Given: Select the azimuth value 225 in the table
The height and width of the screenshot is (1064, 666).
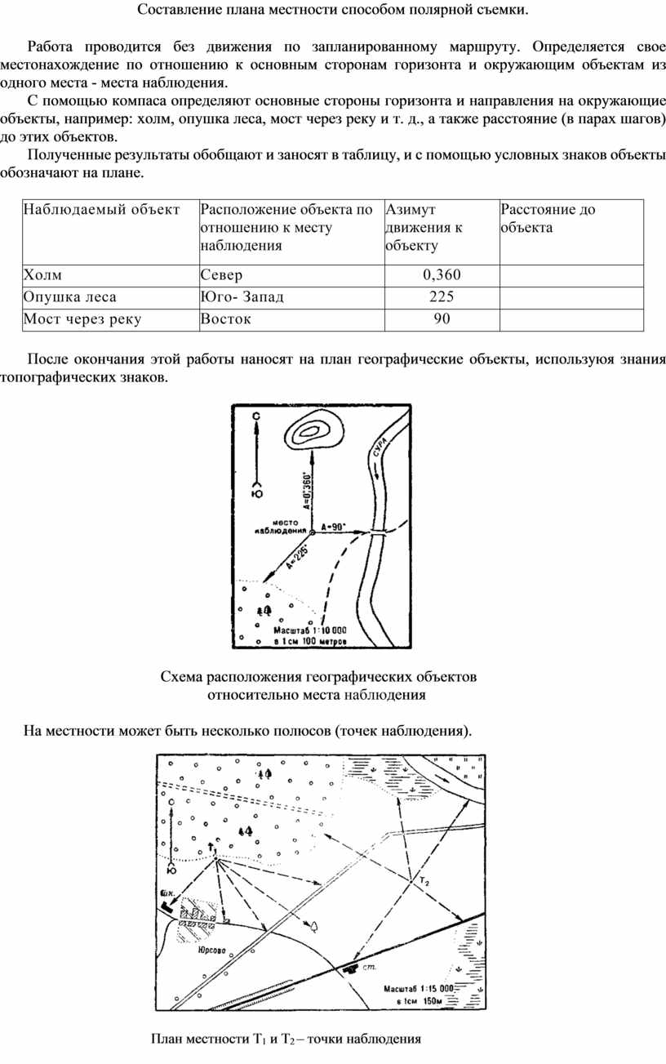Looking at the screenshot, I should pos(442,297).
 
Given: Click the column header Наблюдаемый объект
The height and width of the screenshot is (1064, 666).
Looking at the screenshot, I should pos(102,210).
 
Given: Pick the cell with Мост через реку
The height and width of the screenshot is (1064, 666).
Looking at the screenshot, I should pos(82,319).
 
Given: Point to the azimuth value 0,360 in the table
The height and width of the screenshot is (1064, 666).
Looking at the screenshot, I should pos(442,275).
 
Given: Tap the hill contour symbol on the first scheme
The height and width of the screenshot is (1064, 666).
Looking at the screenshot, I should pos(313,430).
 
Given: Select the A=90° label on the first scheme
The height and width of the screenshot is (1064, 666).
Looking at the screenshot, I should pos(334,527).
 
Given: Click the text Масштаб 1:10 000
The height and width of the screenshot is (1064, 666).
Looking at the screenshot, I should pos(309,630).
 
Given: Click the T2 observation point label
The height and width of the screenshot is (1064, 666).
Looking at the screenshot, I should pos(424,883).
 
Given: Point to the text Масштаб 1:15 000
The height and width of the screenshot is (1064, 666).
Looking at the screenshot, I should pos(417,988).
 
